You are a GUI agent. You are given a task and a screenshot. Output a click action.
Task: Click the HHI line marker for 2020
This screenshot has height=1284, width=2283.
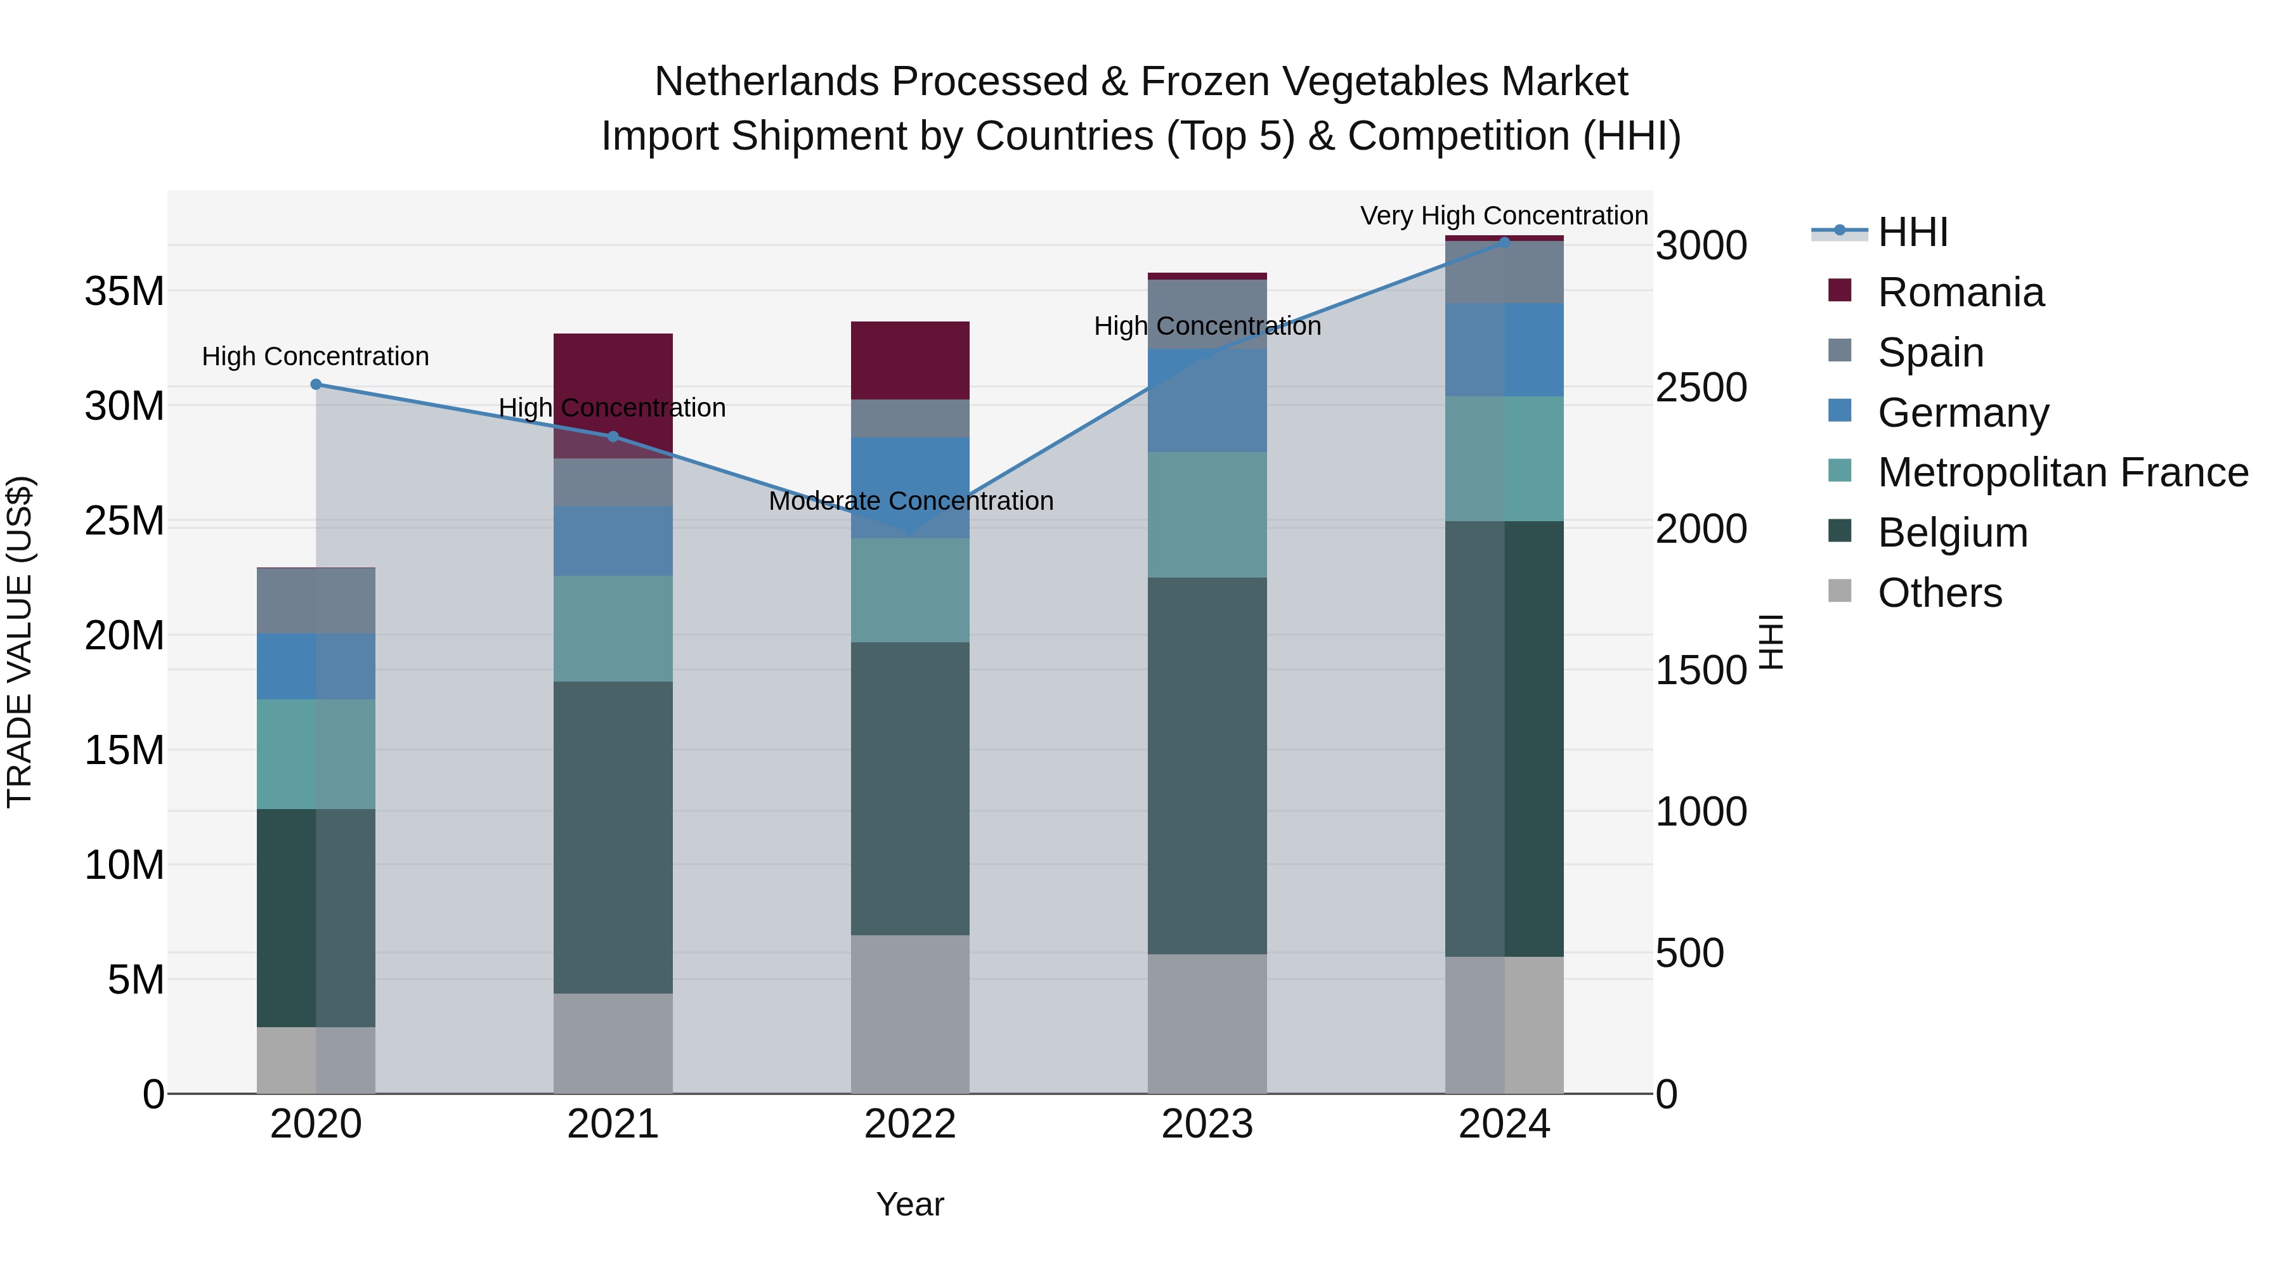[x=316, y=385]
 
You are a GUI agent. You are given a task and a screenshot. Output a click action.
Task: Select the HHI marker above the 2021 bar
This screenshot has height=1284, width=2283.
[x=613, y=437]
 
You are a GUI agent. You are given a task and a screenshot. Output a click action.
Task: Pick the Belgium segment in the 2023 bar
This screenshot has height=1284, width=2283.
[x=1207, y=767]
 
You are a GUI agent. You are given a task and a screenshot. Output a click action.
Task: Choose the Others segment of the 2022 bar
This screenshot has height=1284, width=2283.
[x=910, y=1015]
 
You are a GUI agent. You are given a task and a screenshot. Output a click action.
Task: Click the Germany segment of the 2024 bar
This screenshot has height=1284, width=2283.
[x=1504, y=350]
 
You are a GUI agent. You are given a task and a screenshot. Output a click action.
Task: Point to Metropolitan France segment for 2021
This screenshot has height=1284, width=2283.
[x=613, y=629]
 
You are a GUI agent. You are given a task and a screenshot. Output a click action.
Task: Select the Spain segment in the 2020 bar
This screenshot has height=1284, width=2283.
[x=316, y=601]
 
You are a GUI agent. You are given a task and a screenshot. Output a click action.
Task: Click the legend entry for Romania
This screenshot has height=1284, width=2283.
[x=1960, y=292]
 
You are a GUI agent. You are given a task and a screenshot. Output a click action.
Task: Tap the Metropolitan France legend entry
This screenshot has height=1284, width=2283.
[x=2062, y=473]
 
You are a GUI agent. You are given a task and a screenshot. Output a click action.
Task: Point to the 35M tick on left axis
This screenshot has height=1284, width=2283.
[x=124, y=292]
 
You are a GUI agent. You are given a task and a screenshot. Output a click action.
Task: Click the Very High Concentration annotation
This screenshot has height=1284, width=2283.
[x=1504, y=216]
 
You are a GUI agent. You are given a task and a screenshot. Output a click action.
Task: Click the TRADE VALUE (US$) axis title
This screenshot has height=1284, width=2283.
[x=20, y=642]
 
